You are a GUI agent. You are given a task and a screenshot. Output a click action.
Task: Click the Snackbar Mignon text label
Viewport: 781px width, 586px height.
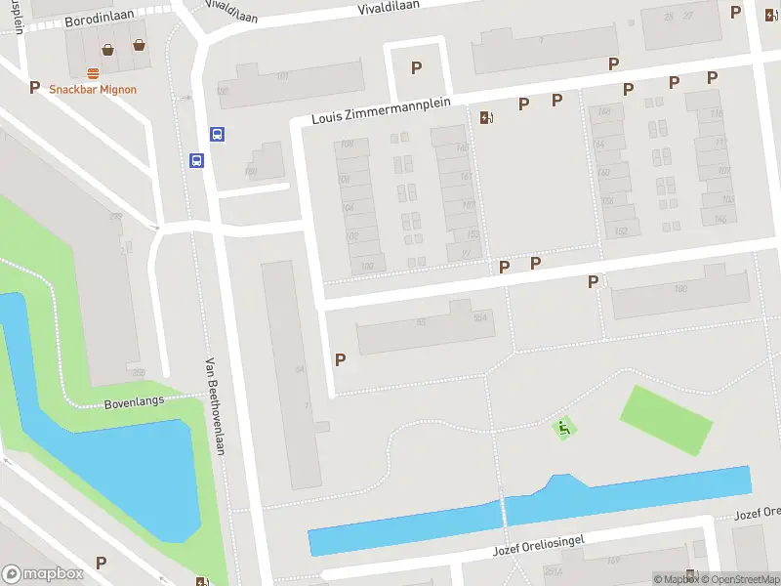click(x=93, y=89)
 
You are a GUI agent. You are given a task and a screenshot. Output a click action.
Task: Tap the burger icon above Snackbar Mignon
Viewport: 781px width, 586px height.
click(x=94, y=72)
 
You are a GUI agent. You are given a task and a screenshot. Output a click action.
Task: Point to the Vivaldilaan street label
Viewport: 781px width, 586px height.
click(x=389, y=6)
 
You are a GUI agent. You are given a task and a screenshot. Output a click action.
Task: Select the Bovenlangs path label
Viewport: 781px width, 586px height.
click(x=134, y=401)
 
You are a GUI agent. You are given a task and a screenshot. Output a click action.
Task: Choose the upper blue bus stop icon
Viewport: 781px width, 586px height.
click(x=217, y=135)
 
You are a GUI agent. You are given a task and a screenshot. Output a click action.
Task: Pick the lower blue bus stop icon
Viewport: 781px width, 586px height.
click(x=196, y=161)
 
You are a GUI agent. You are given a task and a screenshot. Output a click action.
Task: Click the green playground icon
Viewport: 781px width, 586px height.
click(x=562, y=428)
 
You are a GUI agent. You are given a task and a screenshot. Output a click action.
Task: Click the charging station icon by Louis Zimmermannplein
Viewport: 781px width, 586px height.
click(x=486, y=118)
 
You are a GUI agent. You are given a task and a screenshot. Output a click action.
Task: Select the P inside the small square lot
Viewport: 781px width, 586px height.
click(x=416, y=67)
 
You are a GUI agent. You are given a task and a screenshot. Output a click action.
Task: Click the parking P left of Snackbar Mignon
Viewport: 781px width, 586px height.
click(x=34, y=88)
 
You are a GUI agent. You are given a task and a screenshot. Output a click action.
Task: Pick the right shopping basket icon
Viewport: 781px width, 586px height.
click(x=140, y=44)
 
